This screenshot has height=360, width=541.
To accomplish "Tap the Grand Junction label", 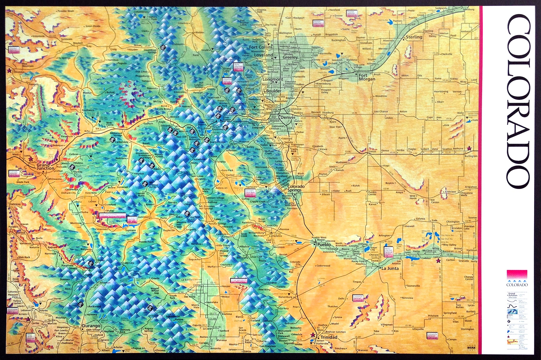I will pos(46,167).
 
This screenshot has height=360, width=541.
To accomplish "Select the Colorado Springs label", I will pos(296,188).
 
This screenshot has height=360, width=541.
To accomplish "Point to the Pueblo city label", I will pos(324,245).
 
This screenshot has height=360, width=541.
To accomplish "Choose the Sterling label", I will pos(414,37).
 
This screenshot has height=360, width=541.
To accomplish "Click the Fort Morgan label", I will pos(367,77).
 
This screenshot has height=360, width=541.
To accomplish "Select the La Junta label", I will pos(390,268).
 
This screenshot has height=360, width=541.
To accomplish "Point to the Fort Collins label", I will pos(261,47).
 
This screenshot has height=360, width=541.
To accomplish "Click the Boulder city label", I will pos(274,91).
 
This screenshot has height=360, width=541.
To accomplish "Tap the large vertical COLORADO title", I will pos(518,101).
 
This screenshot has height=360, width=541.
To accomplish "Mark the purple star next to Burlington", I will pos(469,148).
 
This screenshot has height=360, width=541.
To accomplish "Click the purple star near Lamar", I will pos(438,261).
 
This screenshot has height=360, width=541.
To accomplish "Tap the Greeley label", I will pos(290,57).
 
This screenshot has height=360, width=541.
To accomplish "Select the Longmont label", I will pos(273,80).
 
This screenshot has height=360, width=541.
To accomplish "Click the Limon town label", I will pos(372,151).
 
